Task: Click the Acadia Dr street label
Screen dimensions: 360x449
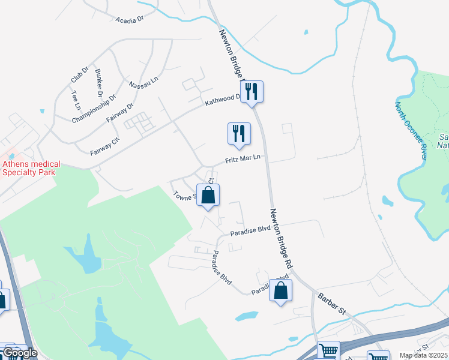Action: [x=130, y=19]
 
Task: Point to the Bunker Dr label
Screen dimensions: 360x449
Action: [x=98, y=83]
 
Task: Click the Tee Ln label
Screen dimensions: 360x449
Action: [x=76, y=100]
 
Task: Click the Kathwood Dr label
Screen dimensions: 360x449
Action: [x=222, y=99]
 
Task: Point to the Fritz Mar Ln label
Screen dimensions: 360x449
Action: [x=243, y=159]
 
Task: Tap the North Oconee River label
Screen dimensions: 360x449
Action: [x=410, y=130]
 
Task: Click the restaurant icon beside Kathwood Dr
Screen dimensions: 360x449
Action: [x=252, y=91]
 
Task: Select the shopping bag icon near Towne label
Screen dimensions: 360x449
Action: [x=208, y=195]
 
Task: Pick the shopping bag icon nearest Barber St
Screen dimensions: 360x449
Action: [x=280, y=291]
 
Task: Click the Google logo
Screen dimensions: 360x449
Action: [x=20, y=353]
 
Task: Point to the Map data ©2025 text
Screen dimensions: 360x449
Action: [x=423, y=355]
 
